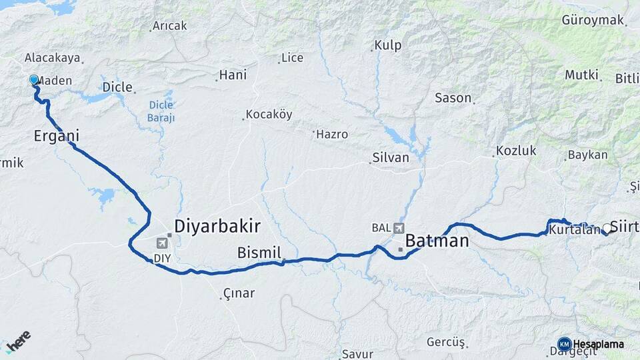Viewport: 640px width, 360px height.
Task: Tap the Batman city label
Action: [x=437, y=241]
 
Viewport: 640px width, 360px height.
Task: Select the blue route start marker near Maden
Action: [x=34, y=80]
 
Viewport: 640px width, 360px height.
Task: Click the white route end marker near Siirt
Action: [x=606, y=228]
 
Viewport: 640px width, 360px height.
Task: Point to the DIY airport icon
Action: [x=162, y=243]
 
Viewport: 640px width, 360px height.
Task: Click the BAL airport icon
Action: [x=399, y=228]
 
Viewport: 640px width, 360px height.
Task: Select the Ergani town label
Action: [x=57, y=137]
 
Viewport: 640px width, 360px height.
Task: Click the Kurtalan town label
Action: [x=575, y=230]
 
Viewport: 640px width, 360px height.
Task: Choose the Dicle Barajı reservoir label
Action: [x=161, y=111]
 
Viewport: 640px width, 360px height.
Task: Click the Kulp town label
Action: [x=388, y=45]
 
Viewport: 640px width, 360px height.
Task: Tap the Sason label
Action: [x=453, y=98]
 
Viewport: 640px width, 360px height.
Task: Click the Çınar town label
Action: [x=239, y=293]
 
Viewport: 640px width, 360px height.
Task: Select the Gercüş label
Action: [x=445, y=342]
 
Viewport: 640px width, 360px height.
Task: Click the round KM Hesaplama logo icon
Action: [x=565, y=345]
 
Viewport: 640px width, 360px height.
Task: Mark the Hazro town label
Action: [x=332, y=135]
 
